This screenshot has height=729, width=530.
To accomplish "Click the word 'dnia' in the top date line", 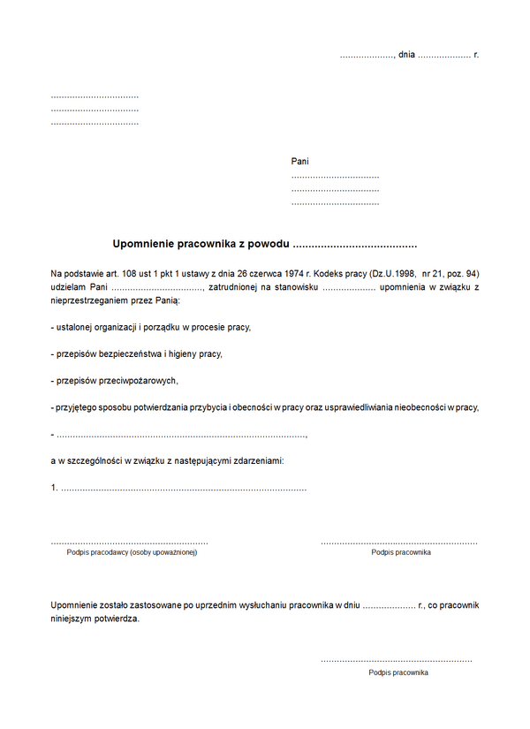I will click(x=406, y=55).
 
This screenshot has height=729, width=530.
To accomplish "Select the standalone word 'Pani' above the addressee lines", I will click(x=300, y=162).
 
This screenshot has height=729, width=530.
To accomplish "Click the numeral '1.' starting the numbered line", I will click(x=55, y=488).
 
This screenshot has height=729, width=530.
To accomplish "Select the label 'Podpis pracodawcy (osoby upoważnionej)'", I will click(x=132, y=552).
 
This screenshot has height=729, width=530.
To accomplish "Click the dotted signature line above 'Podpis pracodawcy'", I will click(x=129, y=541).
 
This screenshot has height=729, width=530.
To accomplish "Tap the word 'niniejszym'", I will click(x=74, y=619).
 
